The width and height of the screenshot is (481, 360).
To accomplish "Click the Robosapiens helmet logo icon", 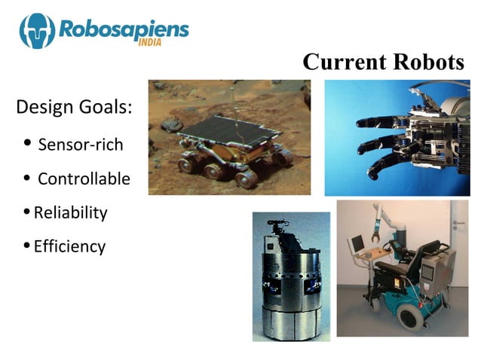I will click(37, 30).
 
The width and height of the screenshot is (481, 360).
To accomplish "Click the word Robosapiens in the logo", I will click(121, 29).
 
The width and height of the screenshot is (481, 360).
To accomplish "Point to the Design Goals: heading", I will click(74, 107).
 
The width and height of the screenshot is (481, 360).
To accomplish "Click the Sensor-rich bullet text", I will click(80, 145).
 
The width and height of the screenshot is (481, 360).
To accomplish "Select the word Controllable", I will click(84, 179).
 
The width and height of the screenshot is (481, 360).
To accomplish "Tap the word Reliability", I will click(70, 213).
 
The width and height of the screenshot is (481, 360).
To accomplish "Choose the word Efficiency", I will click(69, 246).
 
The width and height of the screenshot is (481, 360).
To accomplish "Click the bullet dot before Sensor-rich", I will click(28, 143).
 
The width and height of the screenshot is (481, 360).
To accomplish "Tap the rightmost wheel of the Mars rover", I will click(283, 157).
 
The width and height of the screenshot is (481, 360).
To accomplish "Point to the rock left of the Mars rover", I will click(173, 123).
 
